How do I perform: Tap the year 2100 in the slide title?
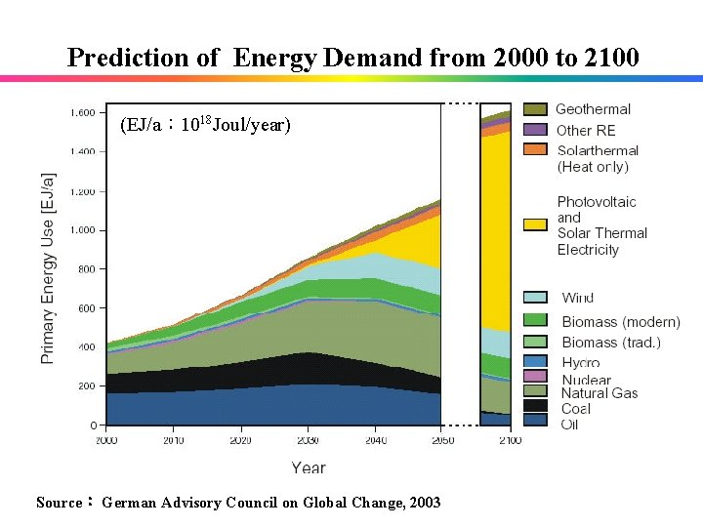pos(610,58)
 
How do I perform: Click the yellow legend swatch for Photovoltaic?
pos(535,224)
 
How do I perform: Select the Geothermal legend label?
pos(593,109)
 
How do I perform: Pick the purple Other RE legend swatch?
pos(535,130)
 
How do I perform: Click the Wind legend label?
pos(577,298)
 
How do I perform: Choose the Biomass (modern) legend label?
pos(620,321)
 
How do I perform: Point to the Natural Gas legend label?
pos(599,393)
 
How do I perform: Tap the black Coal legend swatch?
pos(535,405)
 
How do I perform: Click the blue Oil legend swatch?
pos(535,421)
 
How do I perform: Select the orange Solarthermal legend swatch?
pos(535,149)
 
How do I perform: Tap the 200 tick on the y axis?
pos(86,386)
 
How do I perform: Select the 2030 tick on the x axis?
pos(307,441)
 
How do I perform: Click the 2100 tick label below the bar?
pos(509,441)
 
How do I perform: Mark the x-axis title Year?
pos(308,467)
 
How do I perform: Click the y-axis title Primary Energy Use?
pos(48,268)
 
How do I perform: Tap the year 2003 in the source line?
pos(425,503)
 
